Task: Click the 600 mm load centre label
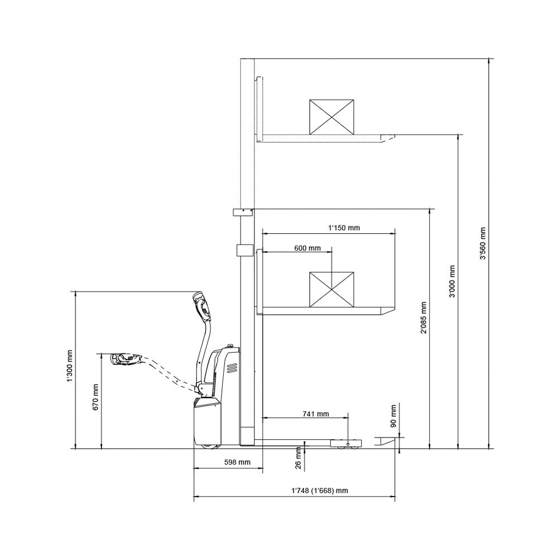[307, 248]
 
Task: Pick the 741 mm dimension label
[315, 414]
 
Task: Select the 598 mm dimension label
[237, 463]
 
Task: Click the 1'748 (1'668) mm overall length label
[320, 491]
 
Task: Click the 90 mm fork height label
[394, 416]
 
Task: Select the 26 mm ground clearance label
[299, 459]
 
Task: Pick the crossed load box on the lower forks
[331, 289]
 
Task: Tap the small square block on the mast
[243, 249]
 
